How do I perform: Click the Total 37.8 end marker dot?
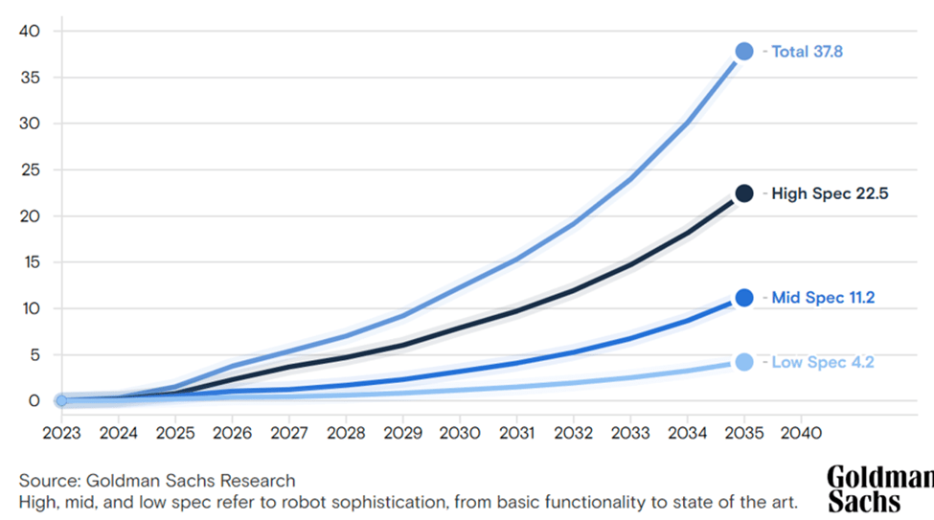coord(743,52)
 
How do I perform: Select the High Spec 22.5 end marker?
coord(743,193)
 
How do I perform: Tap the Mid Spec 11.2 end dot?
coord(743,298)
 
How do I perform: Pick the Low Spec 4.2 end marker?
coord(743,362)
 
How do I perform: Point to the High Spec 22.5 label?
coord(830,193)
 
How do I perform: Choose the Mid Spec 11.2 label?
coord(823,298)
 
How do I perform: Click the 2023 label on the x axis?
coord(61,432)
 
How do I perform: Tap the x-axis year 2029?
coord(402,432)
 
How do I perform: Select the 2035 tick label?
coord(743,432)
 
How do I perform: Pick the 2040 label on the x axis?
coord(801,432)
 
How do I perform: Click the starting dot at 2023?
coord(61,400)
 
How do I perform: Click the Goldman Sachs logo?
coord(878,489)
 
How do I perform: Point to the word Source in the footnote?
coord(45,481)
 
